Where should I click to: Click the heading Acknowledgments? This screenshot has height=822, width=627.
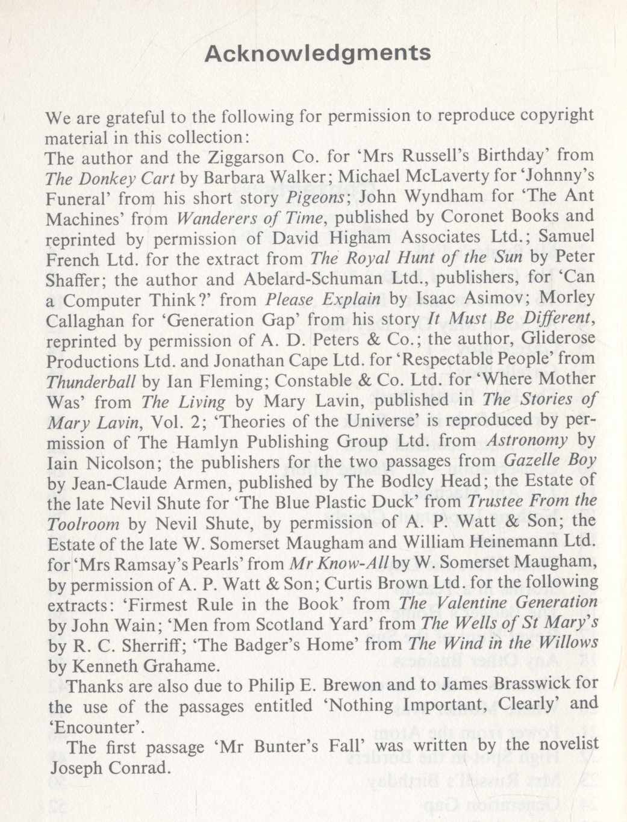point(317,54)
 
